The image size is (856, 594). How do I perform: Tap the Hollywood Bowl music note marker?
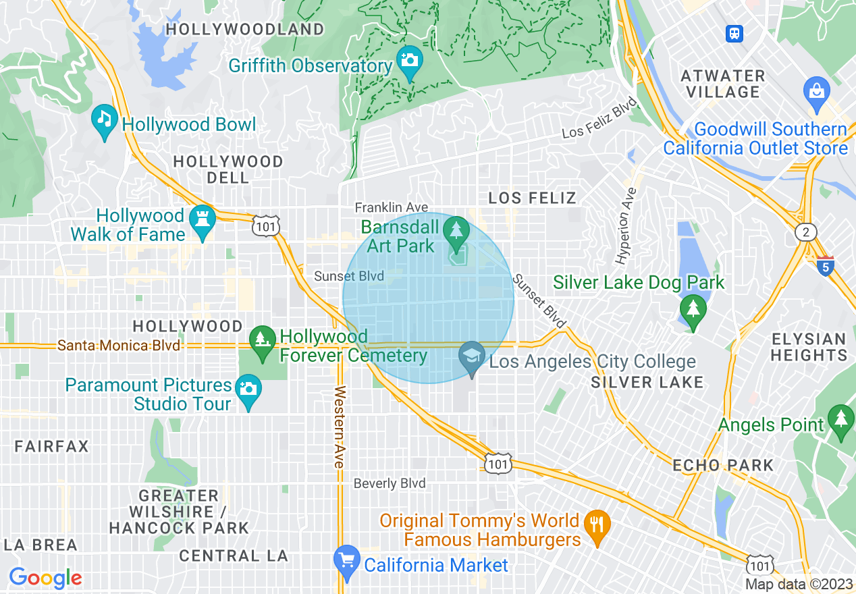(x=104, y=120)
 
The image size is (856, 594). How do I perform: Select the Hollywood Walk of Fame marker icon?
(x=203, y=220)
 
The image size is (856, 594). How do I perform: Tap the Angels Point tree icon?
(x=840, y=420)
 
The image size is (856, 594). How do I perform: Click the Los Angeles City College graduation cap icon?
(x=472, y=356)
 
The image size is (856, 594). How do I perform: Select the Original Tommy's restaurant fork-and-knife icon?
(x=597, y=524)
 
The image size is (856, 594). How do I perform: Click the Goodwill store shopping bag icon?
(x=816, y=91)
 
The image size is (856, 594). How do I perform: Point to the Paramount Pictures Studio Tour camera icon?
(x=248, y=389)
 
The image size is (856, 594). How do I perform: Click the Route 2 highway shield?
(x=805, y=232)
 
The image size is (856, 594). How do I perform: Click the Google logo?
(x=45, y=578)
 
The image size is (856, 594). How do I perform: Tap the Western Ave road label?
(x=340, y=427)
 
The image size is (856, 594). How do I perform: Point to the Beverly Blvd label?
(x=390, y=483)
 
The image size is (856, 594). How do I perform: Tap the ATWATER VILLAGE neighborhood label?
(x=723, y=84)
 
